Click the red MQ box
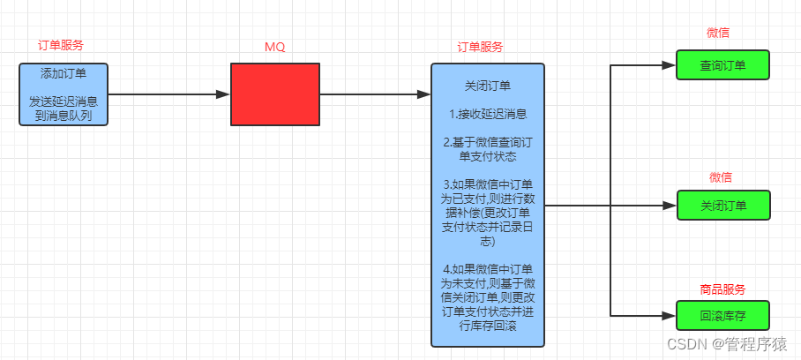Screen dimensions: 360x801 point(275,94)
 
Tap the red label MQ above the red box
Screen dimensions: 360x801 point(275,47)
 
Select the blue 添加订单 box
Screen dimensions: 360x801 point(64,94)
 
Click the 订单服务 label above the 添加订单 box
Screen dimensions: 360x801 point(61,45)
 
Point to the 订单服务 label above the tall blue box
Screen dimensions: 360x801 point(481,47)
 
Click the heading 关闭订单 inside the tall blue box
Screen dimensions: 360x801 point(487,86)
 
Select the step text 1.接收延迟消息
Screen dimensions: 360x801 point(487,114)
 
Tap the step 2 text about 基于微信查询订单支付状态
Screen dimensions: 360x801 point(487,149)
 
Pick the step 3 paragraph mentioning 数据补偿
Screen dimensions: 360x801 point(487,213)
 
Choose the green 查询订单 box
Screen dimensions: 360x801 point(722,65)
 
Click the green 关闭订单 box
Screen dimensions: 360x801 point(722,206)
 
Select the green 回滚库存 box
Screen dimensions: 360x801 point(722,315)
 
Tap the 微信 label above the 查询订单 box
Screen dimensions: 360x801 point(718,33)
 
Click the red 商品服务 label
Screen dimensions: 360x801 point(722,289)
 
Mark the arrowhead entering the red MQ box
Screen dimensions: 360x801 point(223,94)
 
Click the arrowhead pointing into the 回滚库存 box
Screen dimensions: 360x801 point(669,315)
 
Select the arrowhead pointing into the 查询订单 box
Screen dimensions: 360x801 point(669,65)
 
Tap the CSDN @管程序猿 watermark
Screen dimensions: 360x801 point(725,343)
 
